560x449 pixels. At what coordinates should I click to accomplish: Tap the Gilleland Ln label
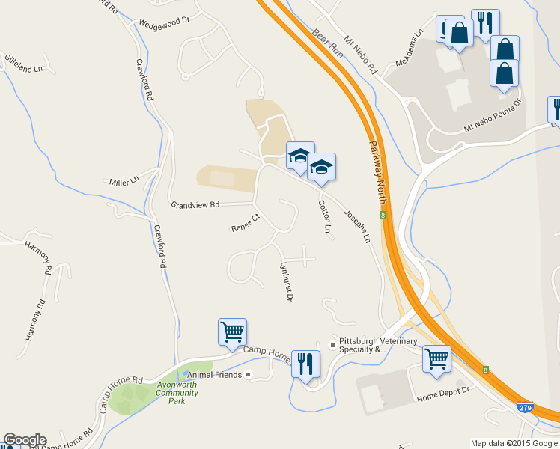click(22, 63)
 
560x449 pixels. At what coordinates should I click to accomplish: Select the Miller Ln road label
click(124, 181)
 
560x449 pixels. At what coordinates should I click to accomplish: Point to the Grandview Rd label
click(195, 204)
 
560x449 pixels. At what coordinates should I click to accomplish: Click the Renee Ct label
click(245, 222)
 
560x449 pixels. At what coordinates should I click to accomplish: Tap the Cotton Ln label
click(324, 216)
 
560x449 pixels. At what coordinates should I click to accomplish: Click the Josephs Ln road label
click(357, 225)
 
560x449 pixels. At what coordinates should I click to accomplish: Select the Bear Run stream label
click(327, 46)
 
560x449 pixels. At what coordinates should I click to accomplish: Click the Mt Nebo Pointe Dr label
click(492, 120)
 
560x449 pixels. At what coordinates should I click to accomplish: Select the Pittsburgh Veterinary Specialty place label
click(377, 345)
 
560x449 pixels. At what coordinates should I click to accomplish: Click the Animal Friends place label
click(214, 374)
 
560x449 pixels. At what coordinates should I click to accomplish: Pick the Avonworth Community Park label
click(177, 393)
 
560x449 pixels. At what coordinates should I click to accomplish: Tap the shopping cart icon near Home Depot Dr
click(436, 357)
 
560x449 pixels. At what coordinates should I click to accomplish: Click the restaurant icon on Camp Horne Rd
click(305, 364)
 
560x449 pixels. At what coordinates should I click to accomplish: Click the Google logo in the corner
click(25, 440)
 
